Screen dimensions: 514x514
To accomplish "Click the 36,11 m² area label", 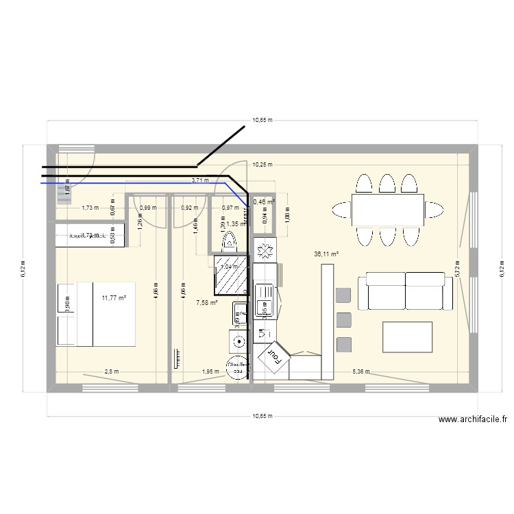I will pyautogui.click(x=326, y=254).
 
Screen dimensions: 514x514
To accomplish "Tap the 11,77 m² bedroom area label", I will pyautogui.click(x=114, y=297).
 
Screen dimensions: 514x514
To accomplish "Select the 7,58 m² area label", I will pyautogui.click(x=206, y=302).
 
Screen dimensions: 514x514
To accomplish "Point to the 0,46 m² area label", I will pyautogui.click(x=264, y=202).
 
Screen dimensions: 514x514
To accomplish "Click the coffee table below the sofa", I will pyautogui.click(x=408, y=337).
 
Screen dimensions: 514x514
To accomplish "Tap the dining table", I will pyautogui.click(x=387, y=208).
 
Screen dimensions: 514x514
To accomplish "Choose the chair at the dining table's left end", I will pyautogui.click(x=341, y=208).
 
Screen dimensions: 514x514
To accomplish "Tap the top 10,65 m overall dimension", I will pyautogui.click(x=262, y=120).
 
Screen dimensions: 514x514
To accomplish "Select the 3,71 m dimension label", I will pyautogui.click(x=200, y=181).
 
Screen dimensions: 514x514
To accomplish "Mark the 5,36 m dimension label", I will pyautogui.click(x=360, y=372).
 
